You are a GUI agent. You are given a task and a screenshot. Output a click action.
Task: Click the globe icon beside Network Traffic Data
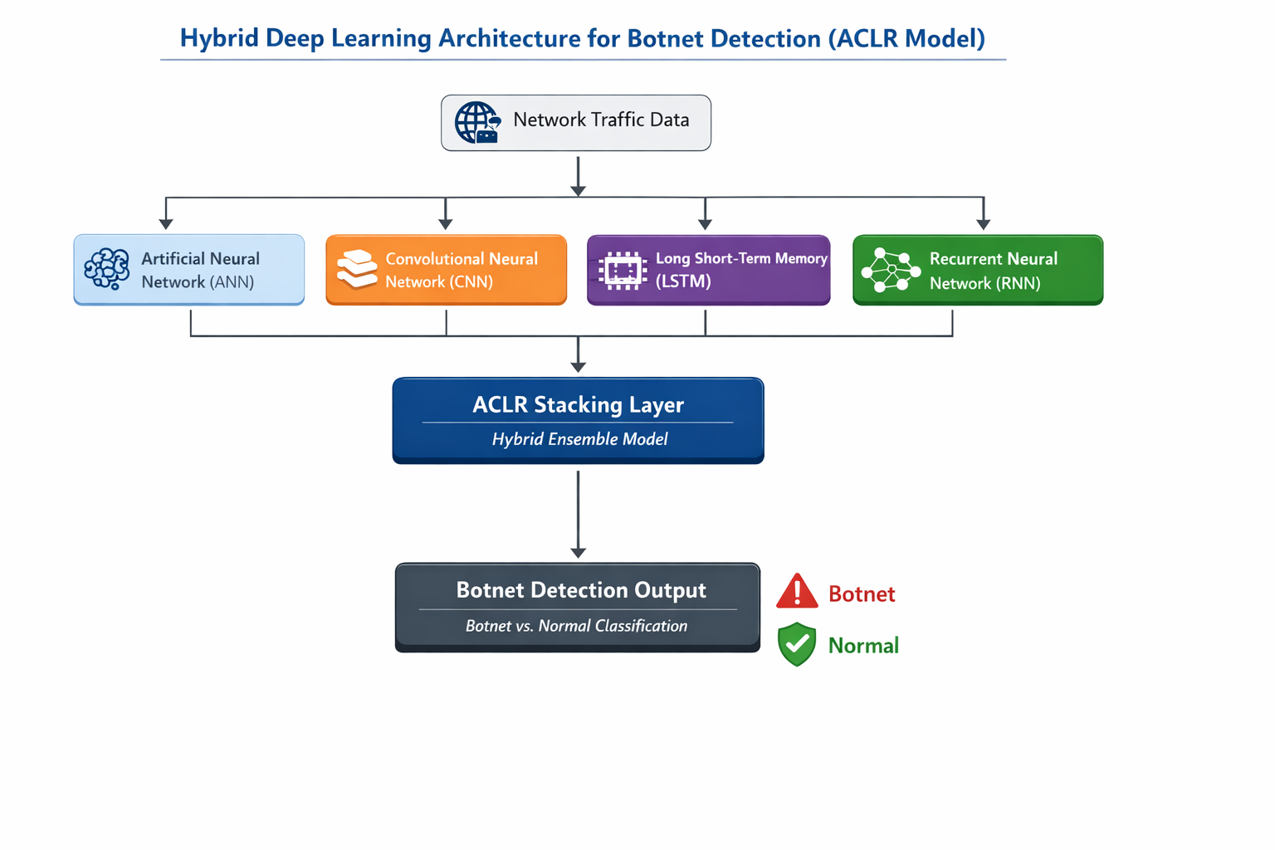pyautogui.click(x=477, y=123)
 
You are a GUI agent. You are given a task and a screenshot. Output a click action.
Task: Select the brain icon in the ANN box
pyautogui.click(x=107, y=269)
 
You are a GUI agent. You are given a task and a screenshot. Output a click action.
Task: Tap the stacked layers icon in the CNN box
pyautogui.click(x=357, y=270)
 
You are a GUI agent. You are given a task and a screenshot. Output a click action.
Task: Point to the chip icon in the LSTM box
pyautogui.click(x=623, y=271)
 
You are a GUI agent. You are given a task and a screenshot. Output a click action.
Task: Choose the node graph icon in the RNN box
pyautogui.click(x=891, y=270)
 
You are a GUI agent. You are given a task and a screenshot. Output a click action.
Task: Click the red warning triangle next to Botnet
pyautogui.click(x=797, y=591)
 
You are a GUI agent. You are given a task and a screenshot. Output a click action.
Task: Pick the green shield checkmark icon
pyautogui.click(x=797, y=644)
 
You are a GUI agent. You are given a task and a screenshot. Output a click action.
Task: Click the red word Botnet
pyautogui.click(x=862, y=594)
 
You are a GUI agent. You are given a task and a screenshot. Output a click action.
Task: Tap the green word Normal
pyautogui.click(x=863, y=646)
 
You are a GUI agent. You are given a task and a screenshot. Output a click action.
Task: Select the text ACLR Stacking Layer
pyautogui.click(x=578, y=405)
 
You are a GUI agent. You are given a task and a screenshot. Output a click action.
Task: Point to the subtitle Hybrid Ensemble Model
pyautogui.click(x=579, y=439)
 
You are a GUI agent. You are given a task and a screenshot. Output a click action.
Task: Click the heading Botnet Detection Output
pyautogui.click(x=581, y=590)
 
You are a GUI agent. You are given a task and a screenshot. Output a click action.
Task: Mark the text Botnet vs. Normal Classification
pyautogui.click(x=576, y=626)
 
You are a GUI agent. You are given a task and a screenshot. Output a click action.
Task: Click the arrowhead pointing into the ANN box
pyautogui.click(x=166, y=224)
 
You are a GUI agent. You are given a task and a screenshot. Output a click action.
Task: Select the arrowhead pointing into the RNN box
pyautogui.click(x=984, y=224)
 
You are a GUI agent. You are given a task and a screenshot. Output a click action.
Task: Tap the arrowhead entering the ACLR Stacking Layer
pyautogui.click(x=579, y=367)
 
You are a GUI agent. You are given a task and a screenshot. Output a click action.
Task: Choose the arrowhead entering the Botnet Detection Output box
pyautogui.click(x=579, y=553)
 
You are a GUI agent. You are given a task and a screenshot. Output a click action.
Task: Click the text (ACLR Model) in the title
pyautogui.click(x=906, y=39)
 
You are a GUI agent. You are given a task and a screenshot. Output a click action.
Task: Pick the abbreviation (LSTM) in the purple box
pyautogui.click(x=683, y=281)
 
